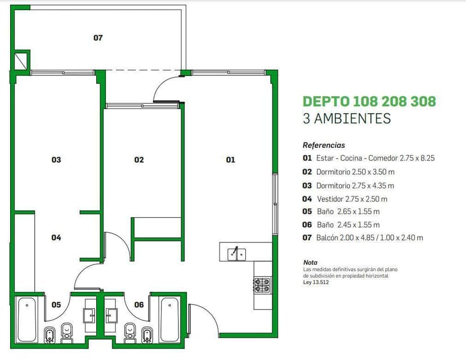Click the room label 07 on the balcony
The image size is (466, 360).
pos(98,38)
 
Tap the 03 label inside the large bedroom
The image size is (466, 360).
pos(56,160)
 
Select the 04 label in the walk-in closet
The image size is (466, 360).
pos(56,237)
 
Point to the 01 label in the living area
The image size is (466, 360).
pos(231,160)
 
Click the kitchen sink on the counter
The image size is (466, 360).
pos(236,254)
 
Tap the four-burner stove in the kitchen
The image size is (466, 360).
pos(262,285)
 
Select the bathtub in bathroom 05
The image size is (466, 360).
pos(27,320)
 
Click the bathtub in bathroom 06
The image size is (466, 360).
pos(169,320)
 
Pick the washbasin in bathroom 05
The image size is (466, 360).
pos(89,316)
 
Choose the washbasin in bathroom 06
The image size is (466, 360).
pos(111,316)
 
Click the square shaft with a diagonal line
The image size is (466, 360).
pos(21,61)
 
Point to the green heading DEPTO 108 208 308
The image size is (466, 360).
pos(369,102)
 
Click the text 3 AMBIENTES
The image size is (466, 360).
pos(347,119)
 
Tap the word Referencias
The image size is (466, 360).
pos(324,145)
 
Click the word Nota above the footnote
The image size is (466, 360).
pos(310,263)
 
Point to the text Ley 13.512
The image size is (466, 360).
pos(316,282)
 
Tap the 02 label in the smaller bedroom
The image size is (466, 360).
pos(139,160)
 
